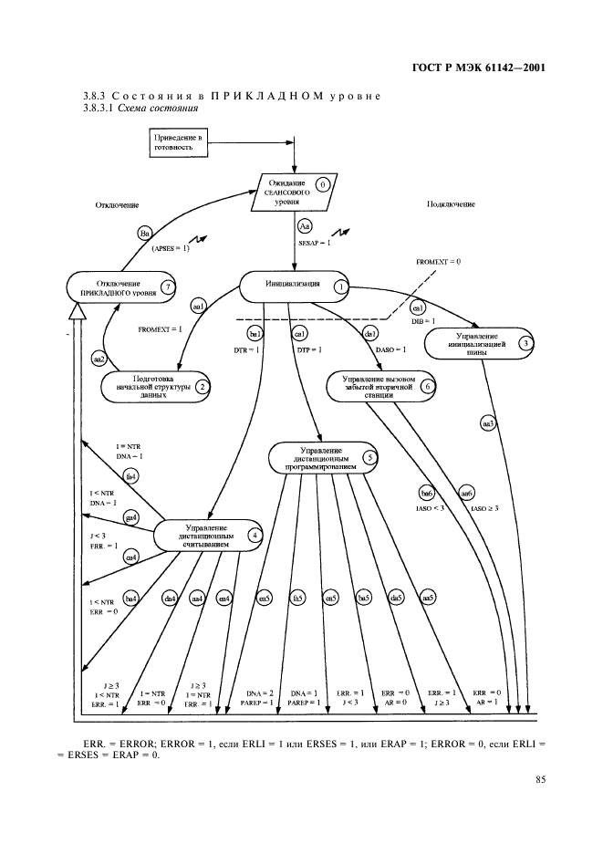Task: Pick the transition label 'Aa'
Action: tap(307, 224)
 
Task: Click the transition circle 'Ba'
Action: tap(144, 234)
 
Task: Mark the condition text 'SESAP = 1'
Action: tap(315, 245)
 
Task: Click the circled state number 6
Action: tap(428, 386)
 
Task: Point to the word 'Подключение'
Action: tap(451, 204)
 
